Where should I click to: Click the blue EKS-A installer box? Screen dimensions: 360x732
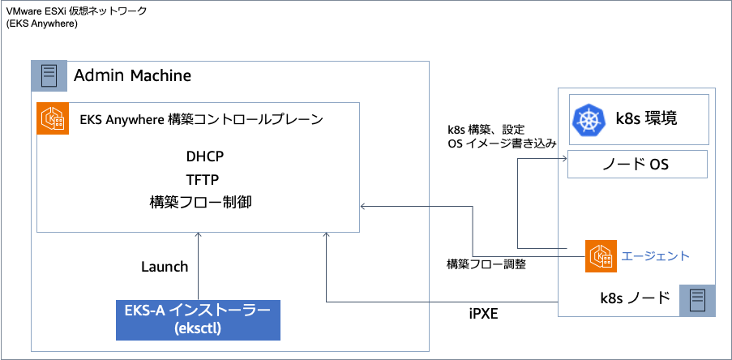pyautogui.click(x=198, y=319)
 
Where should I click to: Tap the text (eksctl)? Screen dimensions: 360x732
pyautogui.click(x=198, y=329)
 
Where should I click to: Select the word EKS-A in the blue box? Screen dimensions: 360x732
pyautogui.click(x=144, y=311)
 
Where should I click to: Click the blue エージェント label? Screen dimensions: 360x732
pyautogui.click(x=655, y=256)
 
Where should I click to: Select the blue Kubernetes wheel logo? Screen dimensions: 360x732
pyautogui.click(x=589, y=120)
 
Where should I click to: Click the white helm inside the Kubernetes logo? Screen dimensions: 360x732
pyautogui.click(x=589, y=121)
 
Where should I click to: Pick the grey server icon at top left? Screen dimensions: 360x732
pyautogui.click(x=49, y=76)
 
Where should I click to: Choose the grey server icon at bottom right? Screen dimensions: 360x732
pyautogui.click(x=697, y=300)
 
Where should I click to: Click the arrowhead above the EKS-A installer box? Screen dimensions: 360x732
pyautogui.click(x=198, y=236)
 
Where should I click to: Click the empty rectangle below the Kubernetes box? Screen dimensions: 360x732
pyautogui.click(x=637, y=164)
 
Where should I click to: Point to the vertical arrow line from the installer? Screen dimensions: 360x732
pyautogui.click(x=198, y=268)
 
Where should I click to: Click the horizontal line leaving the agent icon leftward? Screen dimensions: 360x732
pyautogui.click(x=527, y=258)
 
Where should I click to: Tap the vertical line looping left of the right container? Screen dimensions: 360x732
pyautogui.click(x=517, y=203)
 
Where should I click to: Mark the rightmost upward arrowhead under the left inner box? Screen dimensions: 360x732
pyautogui.click(x=326, y=236)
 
